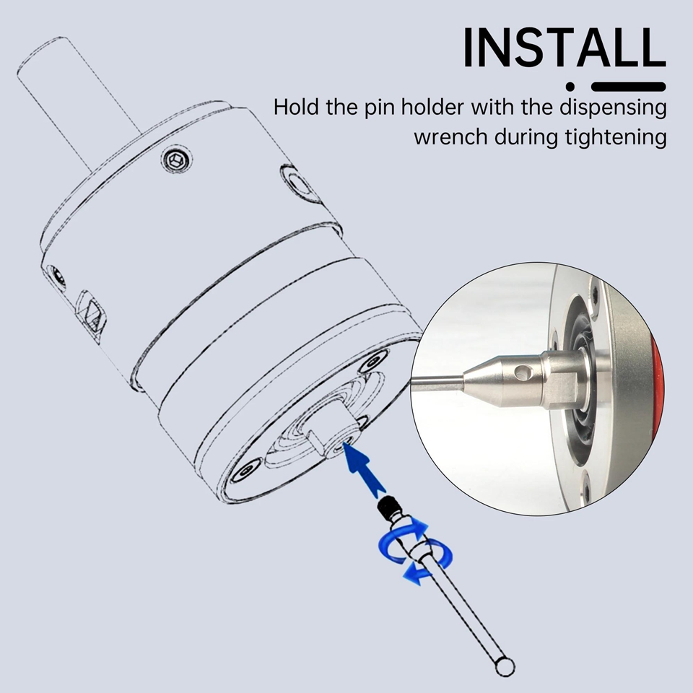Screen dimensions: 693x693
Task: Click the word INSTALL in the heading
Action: (565, 48)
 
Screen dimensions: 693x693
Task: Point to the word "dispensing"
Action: (613, 108)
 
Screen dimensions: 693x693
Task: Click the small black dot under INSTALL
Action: (571, 86)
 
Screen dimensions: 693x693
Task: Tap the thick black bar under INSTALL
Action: (629, 87)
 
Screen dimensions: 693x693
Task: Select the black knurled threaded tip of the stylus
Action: (388, 507)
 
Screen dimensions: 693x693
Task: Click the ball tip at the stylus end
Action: (505, 666)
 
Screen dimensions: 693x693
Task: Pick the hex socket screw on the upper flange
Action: (177, 159)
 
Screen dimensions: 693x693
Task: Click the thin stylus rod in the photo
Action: (437, 381)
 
